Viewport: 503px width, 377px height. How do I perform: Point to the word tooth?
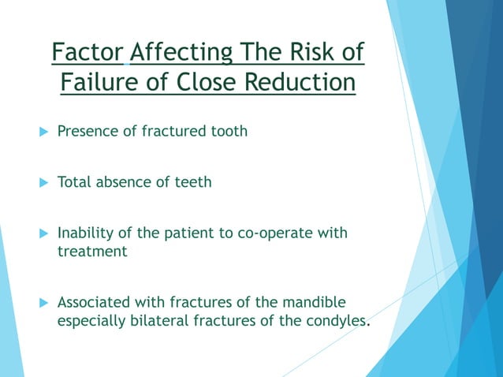[228, 131]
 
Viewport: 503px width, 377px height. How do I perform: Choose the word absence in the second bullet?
[122, 182]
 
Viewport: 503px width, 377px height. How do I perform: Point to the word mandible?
[315, 302]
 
